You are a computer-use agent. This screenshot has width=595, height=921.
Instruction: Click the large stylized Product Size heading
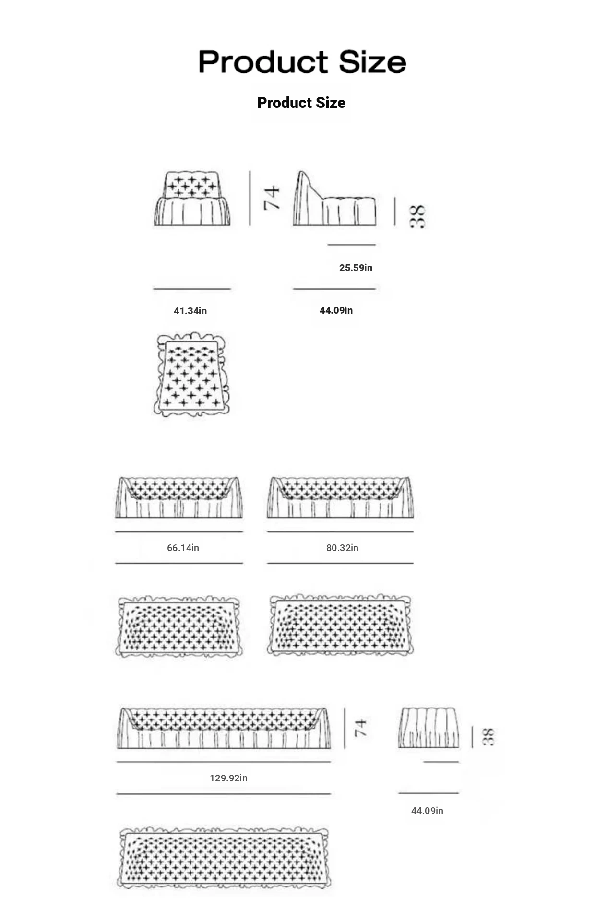[302, 62]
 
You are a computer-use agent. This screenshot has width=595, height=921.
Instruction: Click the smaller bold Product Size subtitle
[301, 103]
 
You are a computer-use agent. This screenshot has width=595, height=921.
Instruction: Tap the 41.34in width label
[190, 311]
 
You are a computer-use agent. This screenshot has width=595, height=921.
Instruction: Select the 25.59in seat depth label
[356, 268]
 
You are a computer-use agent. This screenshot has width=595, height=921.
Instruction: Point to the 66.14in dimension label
[183, 548]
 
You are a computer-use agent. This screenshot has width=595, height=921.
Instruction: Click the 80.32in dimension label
[342, 548]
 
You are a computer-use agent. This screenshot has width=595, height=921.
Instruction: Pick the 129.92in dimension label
[228, 778]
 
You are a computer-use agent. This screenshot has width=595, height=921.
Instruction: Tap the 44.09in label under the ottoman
[427, 811]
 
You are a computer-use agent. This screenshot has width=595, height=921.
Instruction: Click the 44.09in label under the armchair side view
[336, 310]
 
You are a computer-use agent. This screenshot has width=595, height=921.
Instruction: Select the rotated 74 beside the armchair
[272, 198]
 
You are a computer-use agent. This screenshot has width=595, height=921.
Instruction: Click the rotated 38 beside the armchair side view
[417, 216]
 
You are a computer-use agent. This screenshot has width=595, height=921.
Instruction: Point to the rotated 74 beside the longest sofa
[360, 728]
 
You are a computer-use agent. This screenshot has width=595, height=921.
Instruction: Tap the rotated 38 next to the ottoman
[488, 737]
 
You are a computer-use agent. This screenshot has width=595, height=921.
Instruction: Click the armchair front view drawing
[192, 199]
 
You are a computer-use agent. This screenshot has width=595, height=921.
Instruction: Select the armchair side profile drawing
[334, 198]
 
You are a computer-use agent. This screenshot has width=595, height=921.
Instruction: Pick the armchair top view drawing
[191, 374]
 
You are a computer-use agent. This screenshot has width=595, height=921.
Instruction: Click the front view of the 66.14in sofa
[179, 497]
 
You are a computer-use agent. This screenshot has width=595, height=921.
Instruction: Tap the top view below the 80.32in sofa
[340, 625]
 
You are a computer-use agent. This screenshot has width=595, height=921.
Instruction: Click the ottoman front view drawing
[428, 727]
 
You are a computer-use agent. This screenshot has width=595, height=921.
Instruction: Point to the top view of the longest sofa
[224, 857]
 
